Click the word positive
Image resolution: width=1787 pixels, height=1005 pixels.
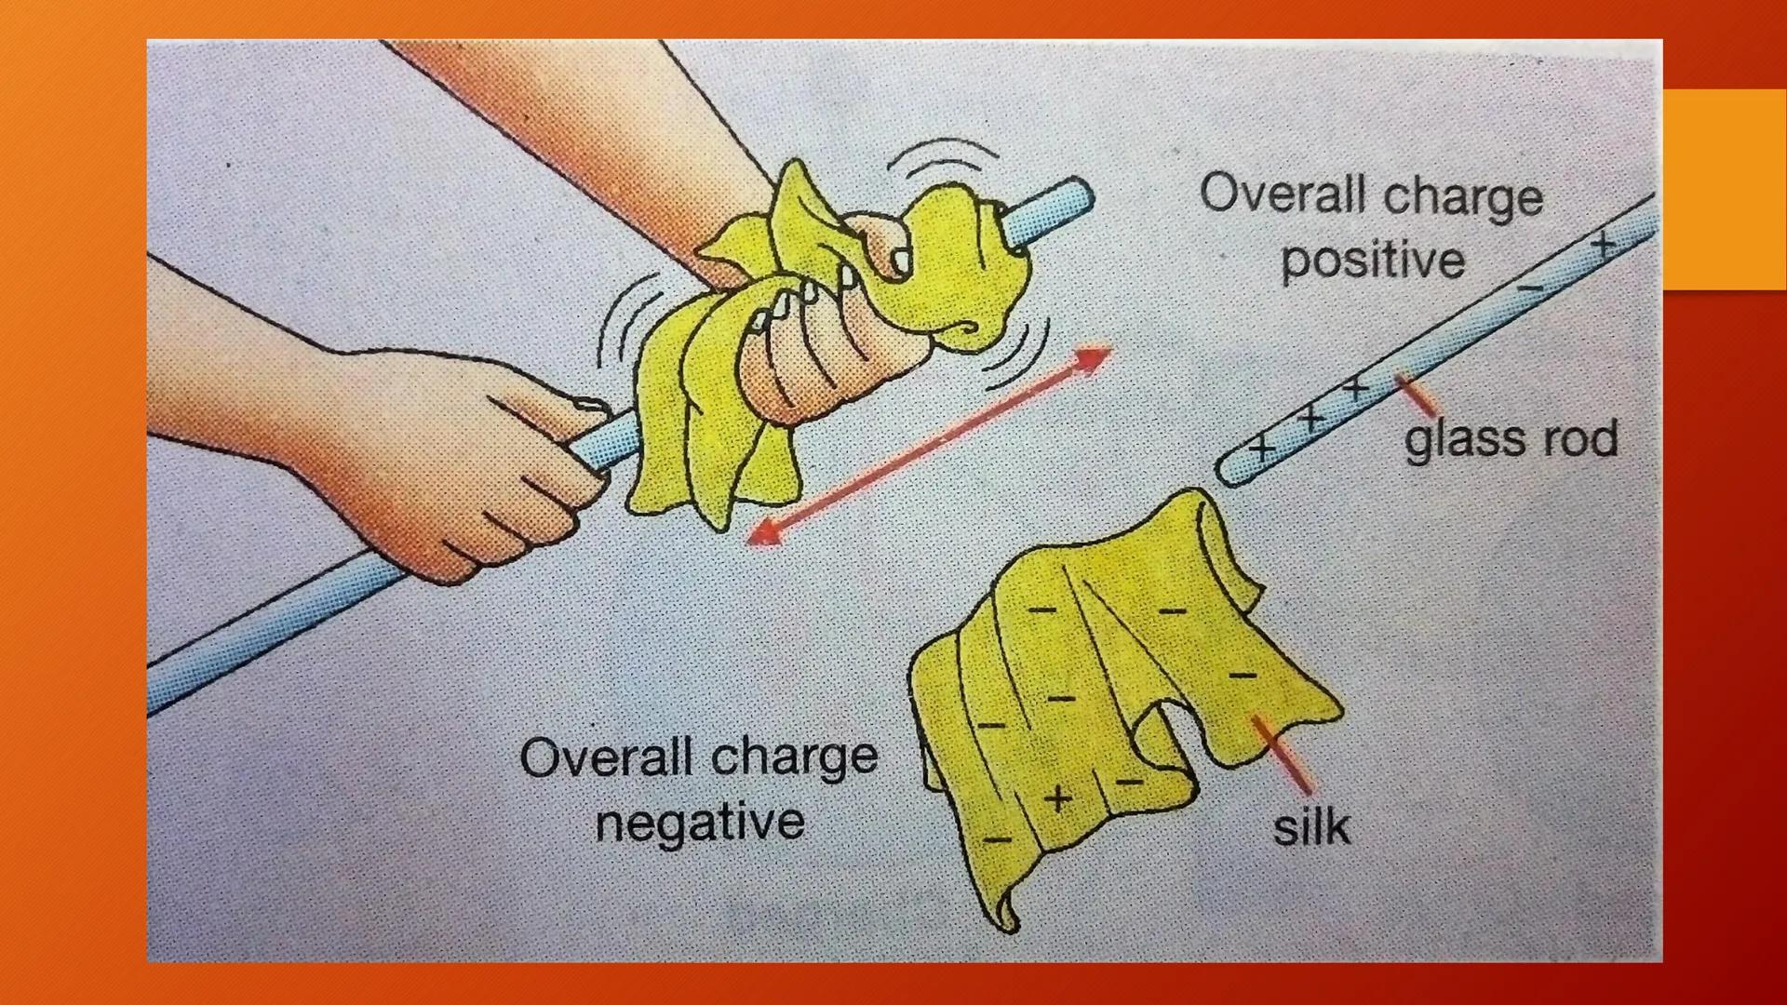[x=1373, y=260]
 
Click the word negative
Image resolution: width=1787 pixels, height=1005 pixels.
[x=700, y=822]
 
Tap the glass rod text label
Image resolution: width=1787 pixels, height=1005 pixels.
[x=1512, y=439]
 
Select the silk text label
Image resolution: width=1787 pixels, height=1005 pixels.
[x=1310, y=826]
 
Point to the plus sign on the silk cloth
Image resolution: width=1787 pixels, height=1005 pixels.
[x=1056, y=798]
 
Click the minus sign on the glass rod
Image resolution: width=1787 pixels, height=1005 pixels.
[x=1530, y=288]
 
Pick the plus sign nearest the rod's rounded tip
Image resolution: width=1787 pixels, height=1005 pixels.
[x=1262, y=448]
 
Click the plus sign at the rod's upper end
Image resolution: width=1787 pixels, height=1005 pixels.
[x=1603, y=245]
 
